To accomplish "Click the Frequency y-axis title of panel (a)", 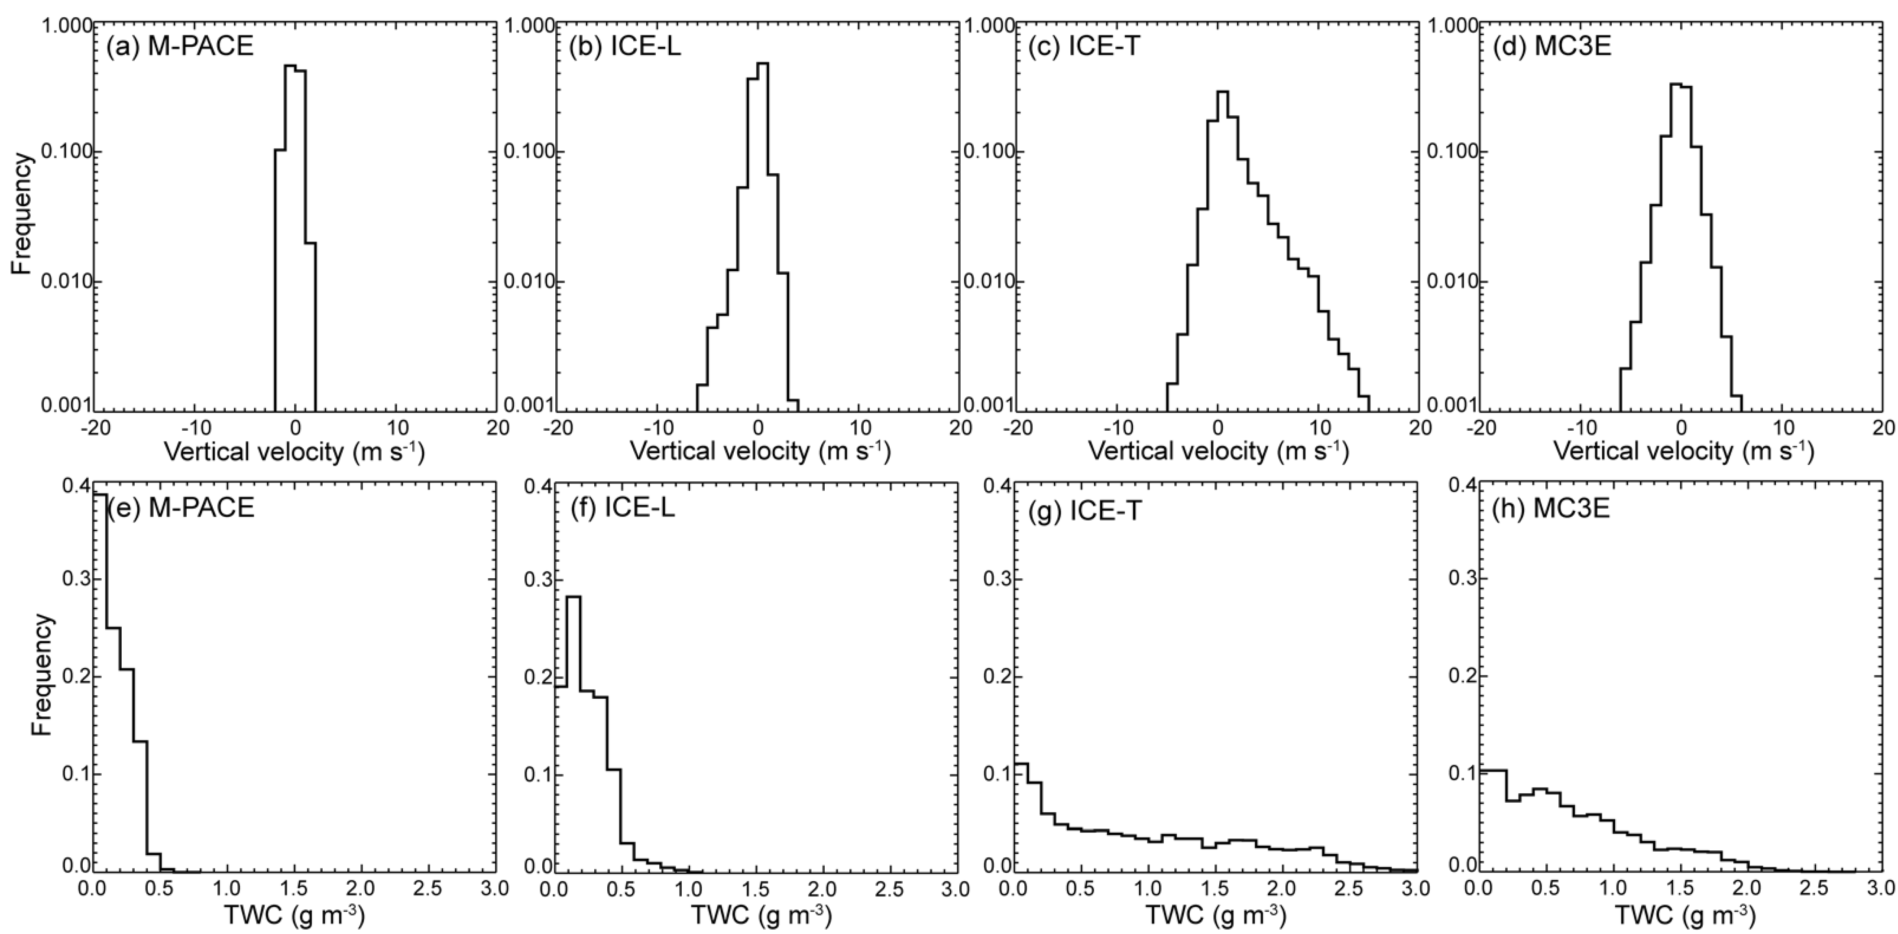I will [x=22, y=214].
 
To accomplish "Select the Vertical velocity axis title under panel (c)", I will [x=1218, y=451].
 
